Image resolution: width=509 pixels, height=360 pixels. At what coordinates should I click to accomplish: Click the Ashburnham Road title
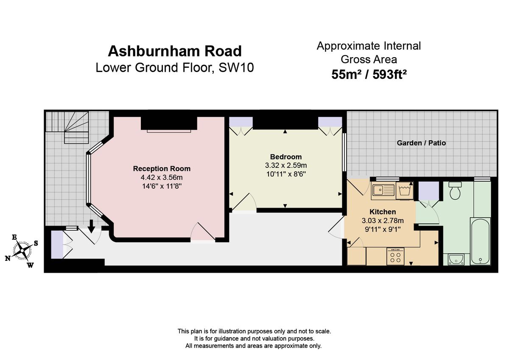point(174,51)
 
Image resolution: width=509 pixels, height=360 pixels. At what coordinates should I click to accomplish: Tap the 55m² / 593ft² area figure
point(369,74)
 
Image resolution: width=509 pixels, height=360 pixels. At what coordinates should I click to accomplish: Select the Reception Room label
point(162,168)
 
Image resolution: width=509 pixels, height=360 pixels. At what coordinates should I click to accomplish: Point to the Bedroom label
point(286,157)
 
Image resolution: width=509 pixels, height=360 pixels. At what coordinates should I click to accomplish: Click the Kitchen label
point(383,212)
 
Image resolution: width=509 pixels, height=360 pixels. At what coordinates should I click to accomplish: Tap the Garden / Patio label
point(421,143)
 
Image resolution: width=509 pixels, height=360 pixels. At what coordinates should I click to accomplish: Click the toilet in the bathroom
point(455,190)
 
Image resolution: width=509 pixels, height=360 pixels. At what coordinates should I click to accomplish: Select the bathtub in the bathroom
point(480,241)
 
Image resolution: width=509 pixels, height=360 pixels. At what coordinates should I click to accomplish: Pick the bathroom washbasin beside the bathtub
point(456,260)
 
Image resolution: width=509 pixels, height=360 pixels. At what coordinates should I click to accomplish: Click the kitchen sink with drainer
point(383,190)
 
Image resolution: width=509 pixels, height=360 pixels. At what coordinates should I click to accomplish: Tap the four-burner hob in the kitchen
point(395,256)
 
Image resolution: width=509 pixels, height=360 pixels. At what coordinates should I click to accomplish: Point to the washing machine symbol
point(405,190)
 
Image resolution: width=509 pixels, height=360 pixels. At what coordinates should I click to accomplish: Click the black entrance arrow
point(91,226)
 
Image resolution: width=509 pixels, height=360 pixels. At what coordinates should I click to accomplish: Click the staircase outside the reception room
point(67,127)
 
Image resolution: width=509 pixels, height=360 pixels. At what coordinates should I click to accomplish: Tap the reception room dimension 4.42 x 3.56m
point(162,177)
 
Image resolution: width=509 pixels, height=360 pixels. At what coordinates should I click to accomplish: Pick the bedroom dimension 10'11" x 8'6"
point(286,174)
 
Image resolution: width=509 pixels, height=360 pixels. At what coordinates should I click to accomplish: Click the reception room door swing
point(203,231)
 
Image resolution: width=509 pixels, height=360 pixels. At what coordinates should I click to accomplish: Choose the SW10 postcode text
point(236,67)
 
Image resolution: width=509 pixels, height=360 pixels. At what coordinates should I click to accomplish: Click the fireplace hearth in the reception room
point(169,131)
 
